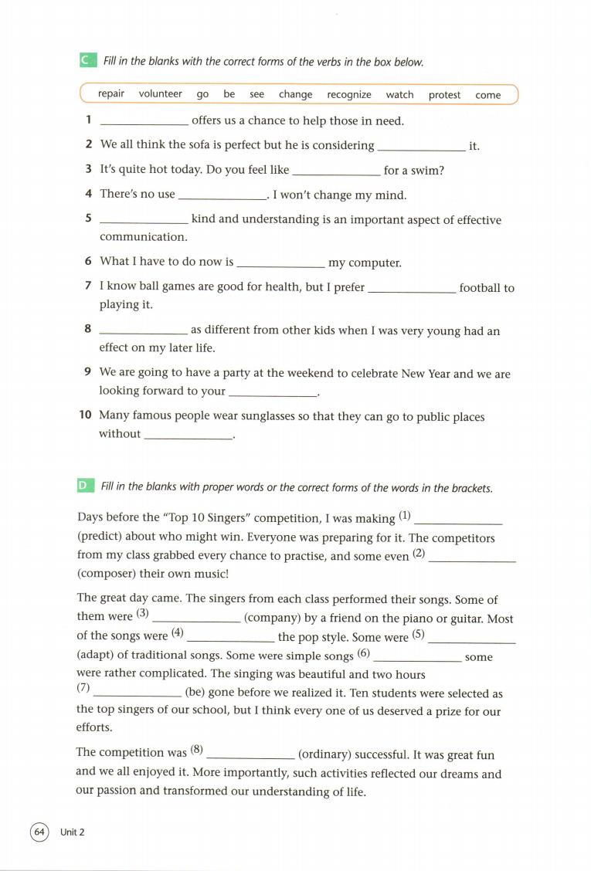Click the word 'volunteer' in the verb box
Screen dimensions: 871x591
pyautogui.click(x=161, y=94)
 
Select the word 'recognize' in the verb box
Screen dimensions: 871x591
pyautogui.click(x=349, y=95)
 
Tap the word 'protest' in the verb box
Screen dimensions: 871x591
pyautogui.click(x=444, y=95)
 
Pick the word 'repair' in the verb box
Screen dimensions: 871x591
pyautogui.click(x=111, y=94)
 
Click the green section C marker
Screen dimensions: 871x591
pyautogui.click(x=87, y=60)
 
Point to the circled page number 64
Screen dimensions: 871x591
pyautogui.click(x=39, y=832)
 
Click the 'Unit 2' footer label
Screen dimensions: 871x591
pyautogui.click(x=72, y=832)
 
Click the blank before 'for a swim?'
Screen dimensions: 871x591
pyautogui.click(x=337, y=172)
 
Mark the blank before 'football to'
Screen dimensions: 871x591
pyautogui.click(x=413, y=290)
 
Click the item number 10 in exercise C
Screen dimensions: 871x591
pyautogui.click(x=86, y=415)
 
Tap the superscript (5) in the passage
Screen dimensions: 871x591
pyautogui.click(x=419, y=635)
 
